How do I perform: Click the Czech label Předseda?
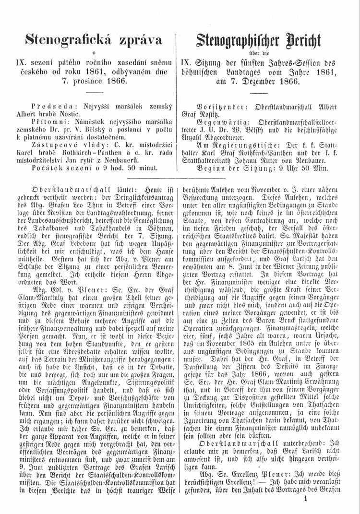point(49,106)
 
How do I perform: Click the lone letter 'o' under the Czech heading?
point(95,52)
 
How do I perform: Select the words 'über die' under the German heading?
point(265,52)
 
